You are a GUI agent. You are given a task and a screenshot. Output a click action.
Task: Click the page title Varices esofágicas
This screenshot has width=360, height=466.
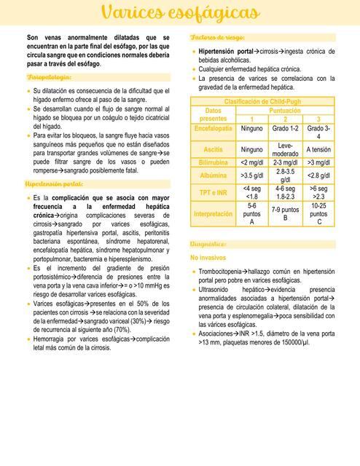tap(180, 14)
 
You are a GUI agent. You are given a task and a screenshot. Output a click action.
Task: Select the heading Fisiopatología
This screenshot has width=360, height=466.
tap(49, 76)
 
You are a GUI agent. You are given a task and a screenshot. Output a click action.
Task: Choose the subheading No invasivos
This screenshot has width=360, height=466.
tap(208, 258)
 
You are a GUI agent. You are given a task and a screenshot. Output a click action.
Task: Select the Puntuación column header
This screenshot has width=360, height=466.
tap(285, 111)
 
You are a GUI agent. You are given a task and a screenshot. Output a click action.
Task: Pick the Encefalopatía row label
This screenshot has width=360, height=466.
tap(213, 128)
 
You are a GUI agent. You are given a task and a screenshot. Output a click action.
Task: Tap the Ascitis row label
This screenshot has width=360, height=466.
tap(213, 149)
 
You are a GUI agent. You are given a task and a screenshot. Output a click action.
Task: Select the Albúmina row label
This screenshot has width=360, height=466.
tap(213, 175)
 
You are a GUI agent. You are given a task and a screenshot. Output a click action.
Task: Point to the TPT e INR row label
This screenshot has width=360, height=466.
tap(213, 192)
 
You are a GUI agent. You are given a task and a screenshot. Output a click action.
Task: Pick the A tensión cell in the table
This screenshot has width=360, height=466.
tap(318, 149)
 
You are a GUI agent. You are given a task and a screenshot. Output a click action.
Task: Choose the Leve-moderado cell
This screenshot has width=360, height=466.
tap(285, 150)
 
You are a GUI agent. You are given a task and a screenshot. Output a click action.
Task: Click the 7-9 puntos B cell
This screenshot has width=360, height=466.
tap(285, 213)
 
